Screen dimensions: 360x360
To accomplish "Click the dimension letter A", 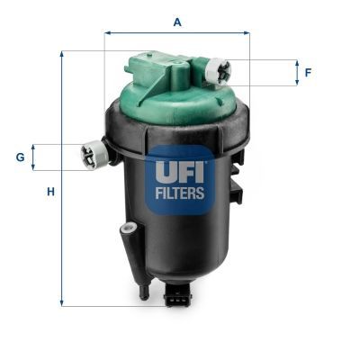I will [177, 22].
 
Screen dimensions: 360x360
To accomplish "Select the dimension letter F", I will [308, 72].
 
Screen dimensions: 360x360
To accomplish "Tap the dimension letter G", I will [20, 157].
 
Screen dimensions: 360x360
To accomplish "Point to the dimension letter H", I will [51, 192].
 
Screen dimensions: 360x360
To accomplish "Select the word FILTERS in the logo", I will [181, 192].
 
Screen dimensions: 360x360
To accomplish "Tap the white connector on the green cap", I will [219, 69].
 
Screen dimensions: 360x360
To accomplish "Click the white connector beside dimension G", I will [94, 155].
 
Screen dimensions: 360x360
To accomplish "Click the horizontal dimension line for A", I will [177, 34].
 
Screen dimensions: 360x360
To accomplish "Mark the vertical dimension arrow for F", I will [295, 73].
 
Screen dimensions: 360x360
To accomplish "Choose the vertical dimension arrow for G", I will [35, 157].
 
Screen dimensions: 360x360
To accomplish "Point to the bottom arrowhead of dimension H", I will [62, 302].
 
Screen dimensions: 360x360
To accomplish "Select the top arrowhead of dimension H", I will [62, 54].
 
